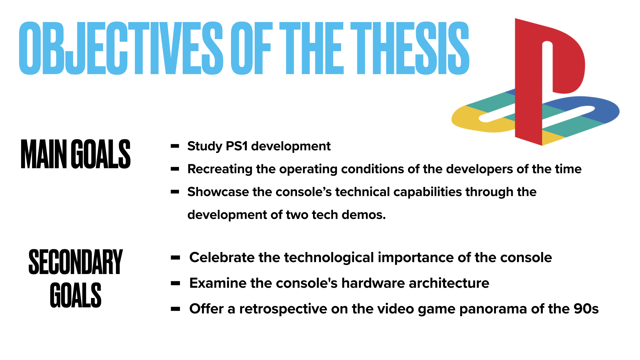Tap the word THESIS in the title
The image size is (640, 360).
pos(410,48)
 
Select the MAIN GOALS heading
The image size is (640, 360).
pos(76,154)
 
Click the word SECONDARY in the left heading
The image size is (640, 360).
pos(76,262)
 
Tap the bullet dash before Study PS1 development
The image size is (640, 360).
pos(175,146)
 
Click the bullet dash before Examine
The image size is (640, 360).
pos(175,283)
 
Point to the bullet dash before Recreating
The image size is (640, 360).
pos(175,169)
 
